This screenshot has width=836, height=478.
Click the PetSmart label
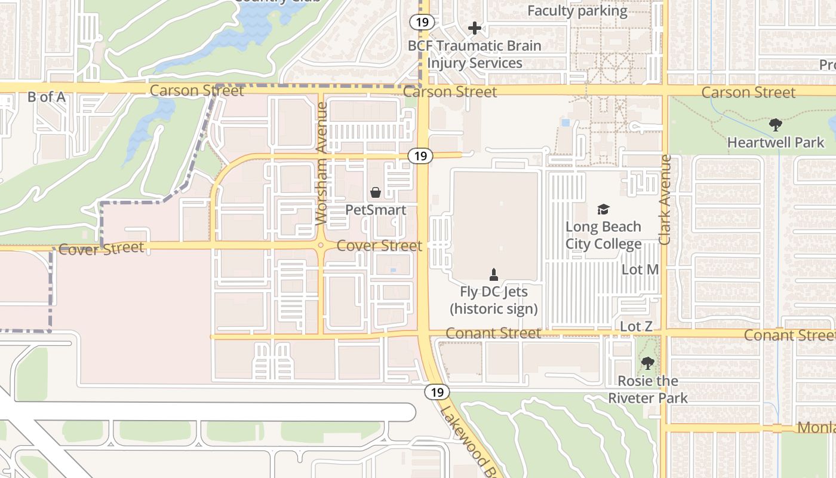376,210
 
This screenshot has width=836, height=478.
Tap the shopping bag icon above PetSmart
376,192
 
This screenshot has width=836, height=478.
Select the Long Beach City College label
603,235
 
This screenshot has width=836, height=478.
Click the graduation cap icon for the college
603,209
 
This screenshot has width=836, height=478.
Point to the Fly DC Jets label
494,300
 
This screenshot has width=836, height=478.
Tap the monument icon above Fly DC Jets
494,275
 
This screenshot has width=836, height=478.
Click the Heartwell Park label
775,142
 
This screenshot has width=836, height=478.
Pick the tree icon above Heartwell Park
775,125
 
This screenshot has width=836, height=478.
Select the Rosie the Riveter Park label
648,390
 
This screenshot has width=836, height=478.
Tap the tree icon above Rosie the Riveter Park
648,363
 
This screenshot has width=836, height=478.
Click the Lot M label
640,269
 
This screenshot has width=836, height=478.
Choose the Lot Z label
636,326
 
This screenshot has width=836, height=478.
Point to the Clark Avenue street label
665,200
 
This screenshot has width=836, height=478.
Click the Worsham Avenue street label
321,163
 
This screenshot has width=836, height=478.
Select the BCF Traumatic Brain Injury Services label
475,54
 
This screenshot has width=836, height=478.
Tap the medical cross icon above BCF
475,28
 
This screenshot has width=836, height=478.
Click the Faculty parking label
577,11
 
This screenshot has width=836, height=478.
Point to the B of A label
46,97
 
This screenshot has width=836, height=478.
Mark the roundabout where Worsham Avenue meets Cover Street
321,245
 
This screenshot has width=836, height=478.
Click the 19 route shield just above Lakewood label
437,393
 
